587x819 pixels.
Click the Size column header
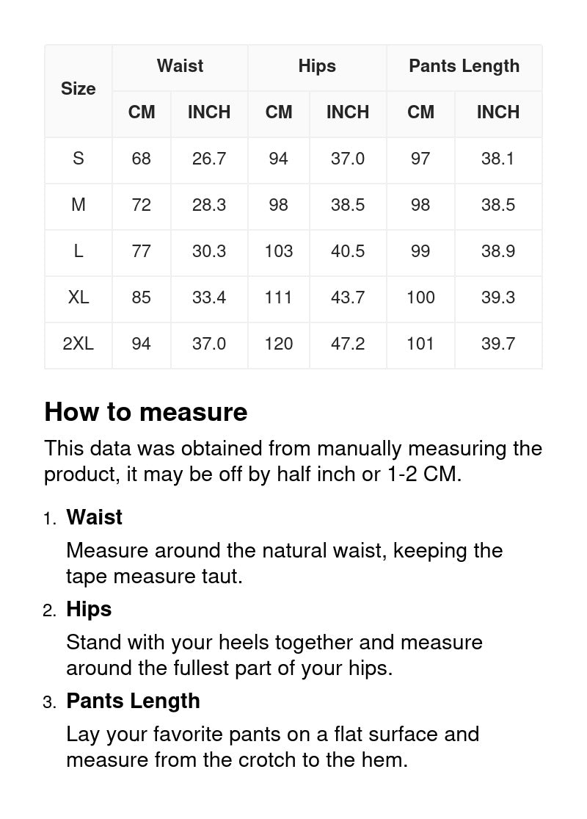point(79,89)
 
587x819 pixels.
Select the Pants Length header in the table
point(464,66)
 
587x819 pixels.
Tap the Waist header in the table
point(180,66)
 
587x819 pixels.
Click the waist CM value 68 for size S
point(141,159)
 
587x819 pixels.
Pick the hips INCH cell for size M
point(348,205)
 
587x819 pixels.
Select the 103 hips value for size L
point(279,251)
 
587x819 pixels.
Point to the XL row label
point(79,297)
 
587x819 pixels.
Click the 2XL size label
point(79,344)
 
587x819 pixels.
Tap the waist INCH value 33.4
point(209,297)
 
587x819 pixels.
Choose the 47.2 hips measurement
point(348,344)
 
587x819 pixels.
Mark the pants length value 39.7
point(498,344)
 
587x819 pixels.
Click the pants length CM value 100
point(420,297)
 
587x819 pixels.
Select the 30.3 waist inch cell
point(209,251)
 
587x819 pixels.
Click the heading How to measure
point(146,412)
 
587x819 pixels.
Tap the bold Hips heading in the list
point(89,609)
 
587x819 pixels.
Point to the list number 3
point(48,702)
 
